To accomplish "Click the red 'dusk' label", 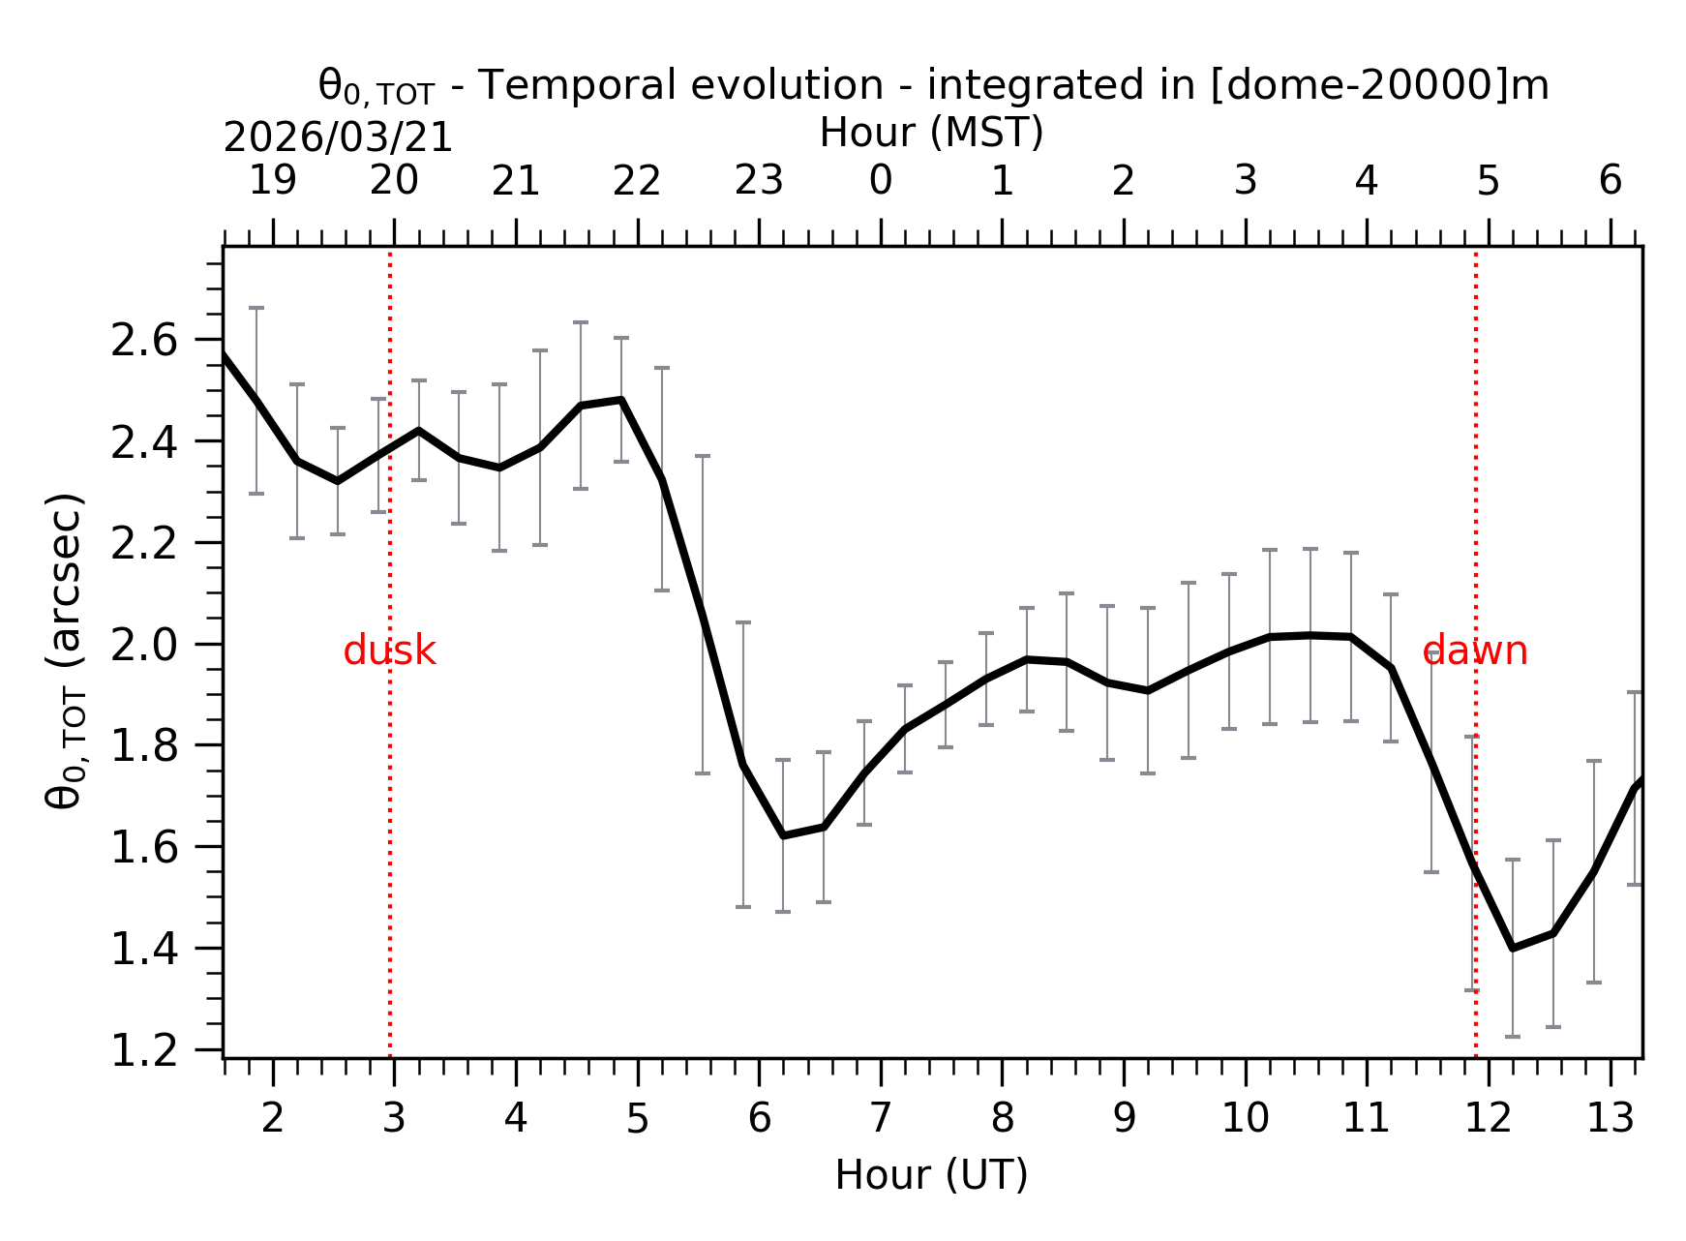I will (389, 651).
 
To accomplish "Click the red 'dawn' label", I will (1474, 651).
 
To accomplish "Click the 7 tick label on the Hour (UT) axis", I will (880, 1119).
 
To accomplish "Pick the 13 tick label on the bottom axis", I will (1610, 1119).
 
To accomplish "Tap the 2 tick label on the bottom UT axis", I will (273, 1119).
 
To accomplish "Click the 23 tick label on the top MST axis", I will (759, 181).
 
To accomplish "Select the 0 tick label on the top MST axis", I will (880, 181).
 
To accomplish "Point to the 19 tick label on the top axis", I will (273, 181).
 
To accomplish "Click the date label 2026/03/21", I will (338, 138).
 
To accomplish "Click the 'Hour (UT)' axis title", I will (931, 1175).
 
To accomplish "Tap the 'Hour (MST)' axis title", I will (931, 133).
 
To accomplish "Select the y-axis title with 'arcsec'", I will (66, 651).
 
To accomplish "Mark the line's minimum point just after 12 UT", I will (1513, 948).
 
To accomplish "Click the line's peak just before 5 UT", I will (621, 399).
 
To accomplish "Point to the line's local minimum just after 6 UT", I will (783, 835).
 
